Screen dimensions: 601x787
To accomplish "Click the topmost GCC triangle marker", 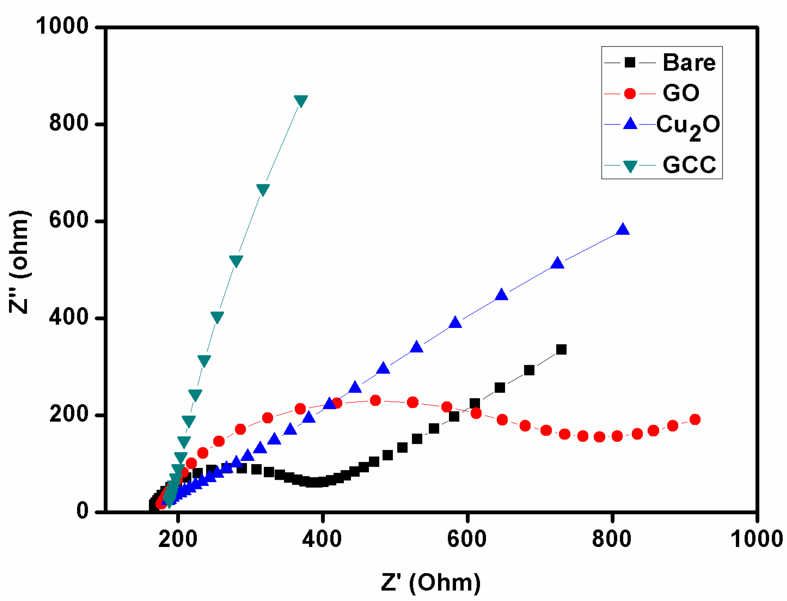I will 301,101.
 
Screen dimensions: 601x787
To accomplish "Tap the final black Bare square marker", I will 561,350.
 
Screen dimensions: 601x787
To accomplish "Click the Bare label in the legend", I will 689,63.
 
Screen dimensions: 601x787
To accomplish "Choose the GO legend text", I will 681,93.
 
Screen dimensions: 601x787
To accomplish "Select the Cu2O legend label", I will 688,126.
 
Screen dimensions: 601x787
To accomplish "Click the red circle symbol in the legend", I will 630,94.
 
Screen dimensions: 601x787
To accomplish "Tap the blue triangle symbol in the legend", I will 630,124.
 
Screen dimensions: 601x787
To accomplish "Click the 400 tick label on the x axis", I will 322,539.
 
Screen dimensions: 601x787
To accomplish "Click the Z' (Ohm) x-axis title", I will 430,582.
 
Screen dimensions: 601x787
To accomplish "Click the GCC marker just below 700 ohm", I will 263,190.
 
